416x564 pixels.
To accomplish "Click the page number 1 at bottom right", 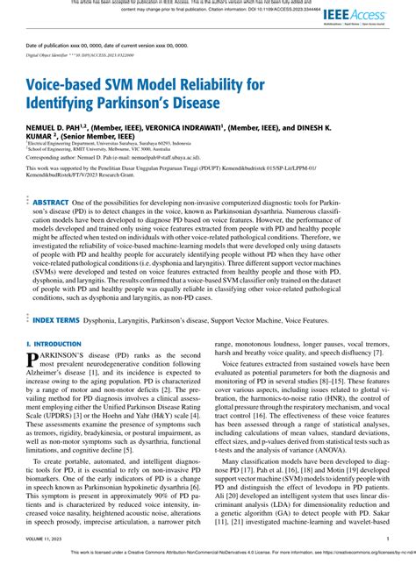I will coord(387,539).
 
